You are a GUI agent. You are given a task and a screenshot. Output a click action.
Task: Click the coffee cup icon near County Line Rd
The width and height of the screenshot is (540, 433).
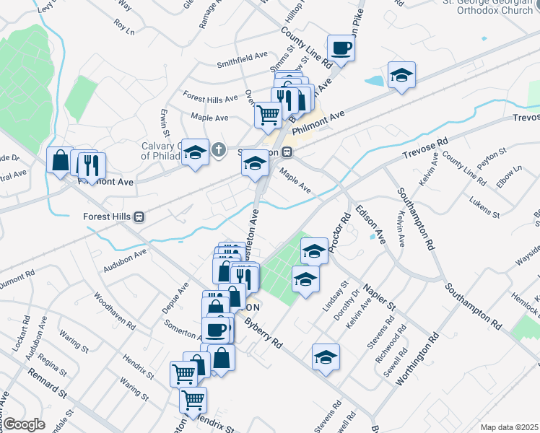pos(341,48)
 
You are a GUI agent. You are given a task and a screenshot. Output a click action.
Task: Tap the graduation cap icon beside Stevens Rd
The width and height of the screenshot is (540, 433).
pos(326,357)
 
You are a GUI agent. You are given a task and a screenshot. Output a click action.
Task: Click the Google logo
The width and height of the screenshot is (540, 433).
pos(24,424)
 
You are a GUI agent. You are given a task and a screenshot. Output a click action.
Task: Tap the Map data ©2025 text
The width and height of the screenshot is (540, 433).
pos(509,427)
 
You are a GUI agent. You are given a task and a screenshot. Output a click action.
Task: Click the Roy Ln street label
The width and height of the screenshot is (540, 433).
pos(124,27)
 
